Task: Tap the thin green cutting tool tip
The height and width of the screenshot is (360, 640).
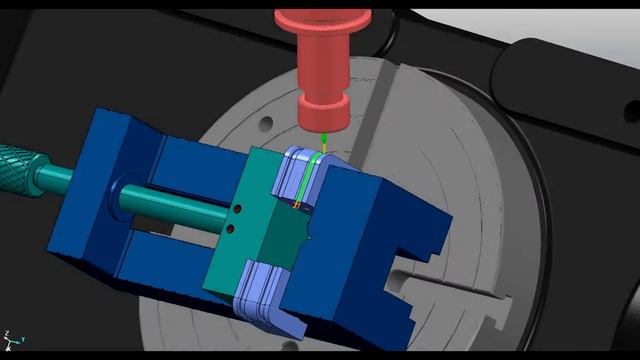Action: (x=325, y=143)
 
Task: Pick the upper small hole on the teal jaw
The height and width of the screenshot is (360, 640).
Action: (x=239, y=211)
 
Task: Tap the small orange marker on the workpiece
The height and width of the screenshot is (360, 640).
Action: (x=297, y=206)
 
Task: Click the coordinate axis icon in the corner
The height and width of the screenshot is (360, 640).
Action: (x=12, y=339)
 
